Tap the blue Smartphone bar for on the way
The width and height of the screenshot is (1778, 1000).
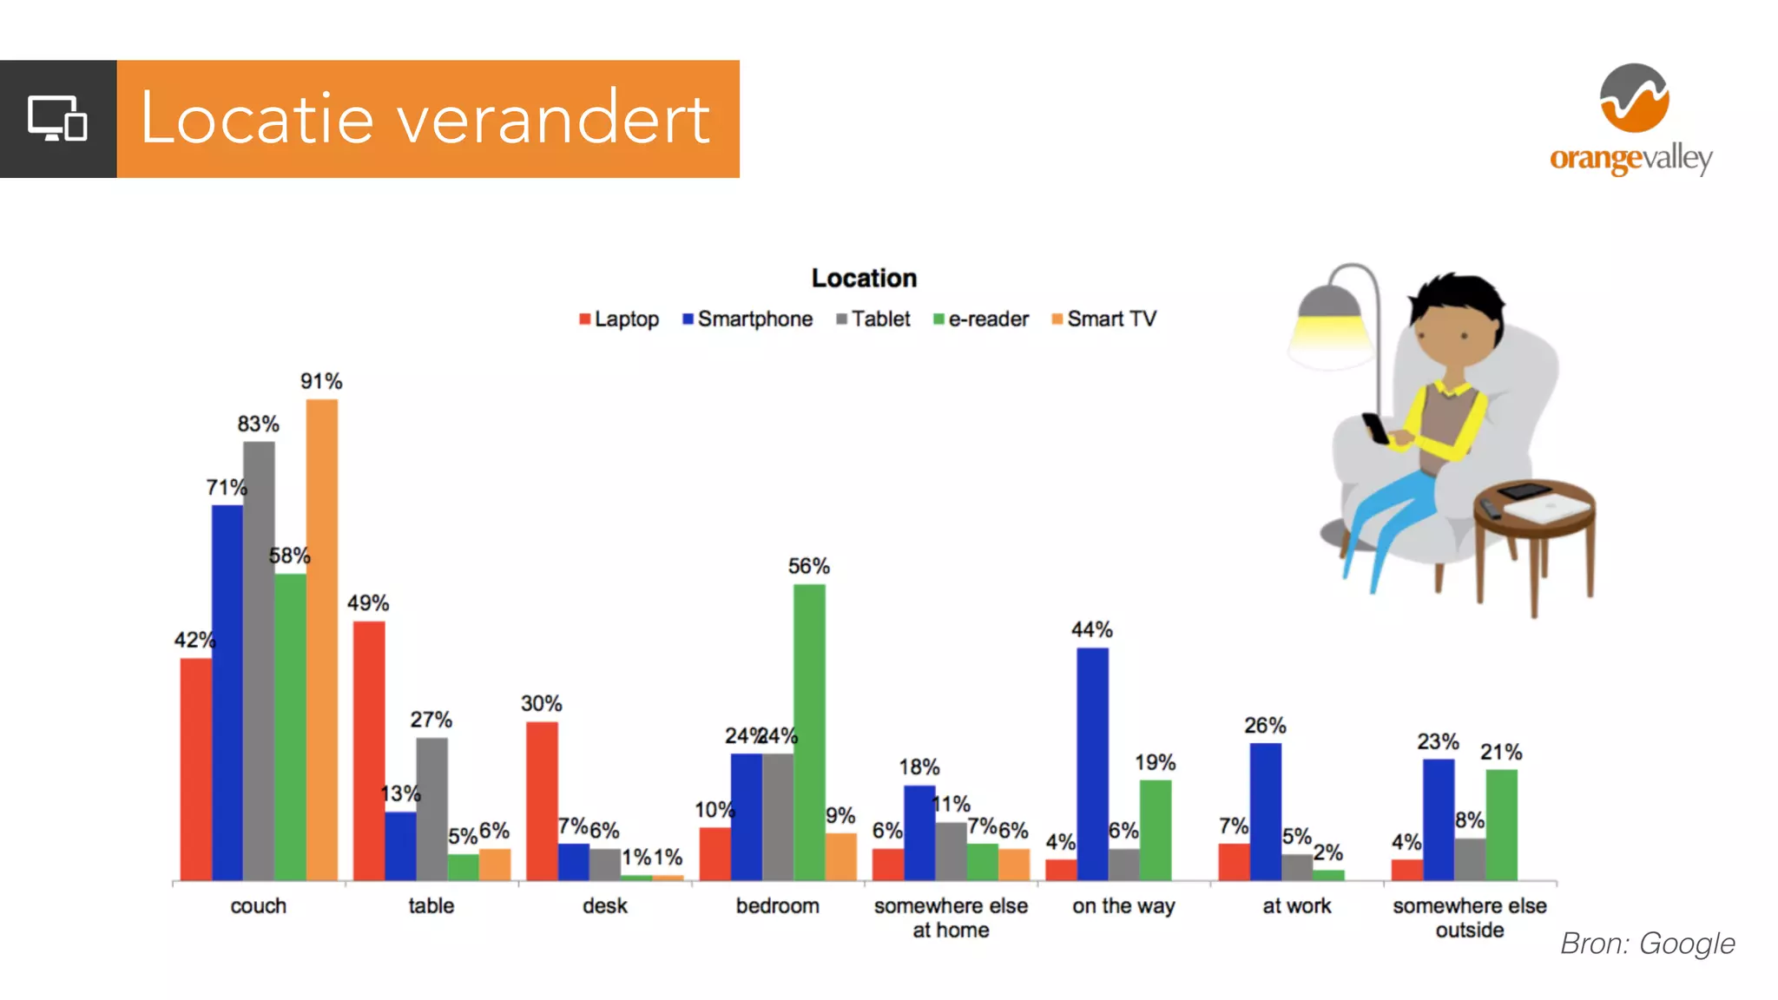(1092, 764)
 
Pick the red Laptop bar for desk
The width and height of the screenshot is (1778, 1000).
(542, 800)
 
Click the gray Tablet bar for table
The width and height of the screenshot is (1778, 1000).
(431, 808)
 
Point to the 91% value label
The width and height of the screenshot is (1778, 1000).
(321, 381)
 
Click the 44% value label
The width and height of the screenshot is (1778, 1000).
(1091, 629)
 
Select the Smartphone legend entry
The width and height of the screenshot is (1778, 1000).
(747, 319)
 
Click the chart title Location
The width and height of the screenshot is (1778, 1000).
(864, 278)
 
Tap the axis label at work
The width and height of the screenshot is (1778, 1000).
(1296, 905)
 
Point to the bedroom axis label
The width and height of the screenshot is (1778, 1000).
(777, 905)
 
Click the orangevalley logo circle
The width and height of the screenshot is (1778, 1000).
(1634, 98)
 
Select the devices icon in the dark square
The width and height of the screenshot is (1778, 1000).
(57, 119)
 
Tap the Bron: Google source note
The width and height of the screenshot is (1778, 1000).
(1647, 944)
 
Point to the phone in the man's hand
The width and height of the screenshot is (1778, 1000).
(1374, 428)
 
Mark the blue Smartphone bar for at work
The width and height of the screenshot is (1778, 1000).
(1265, 811)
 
